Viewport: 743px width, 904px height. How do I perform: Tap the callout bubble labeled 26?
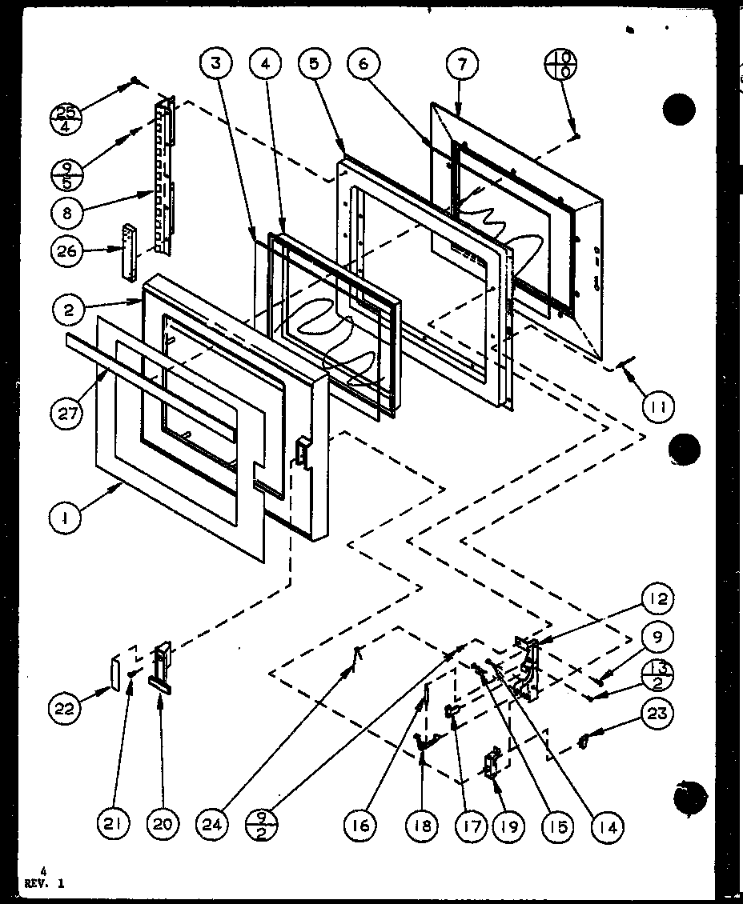(68, 251)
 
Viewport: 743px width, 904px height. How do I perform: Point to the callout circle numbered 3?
(218, 65)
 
